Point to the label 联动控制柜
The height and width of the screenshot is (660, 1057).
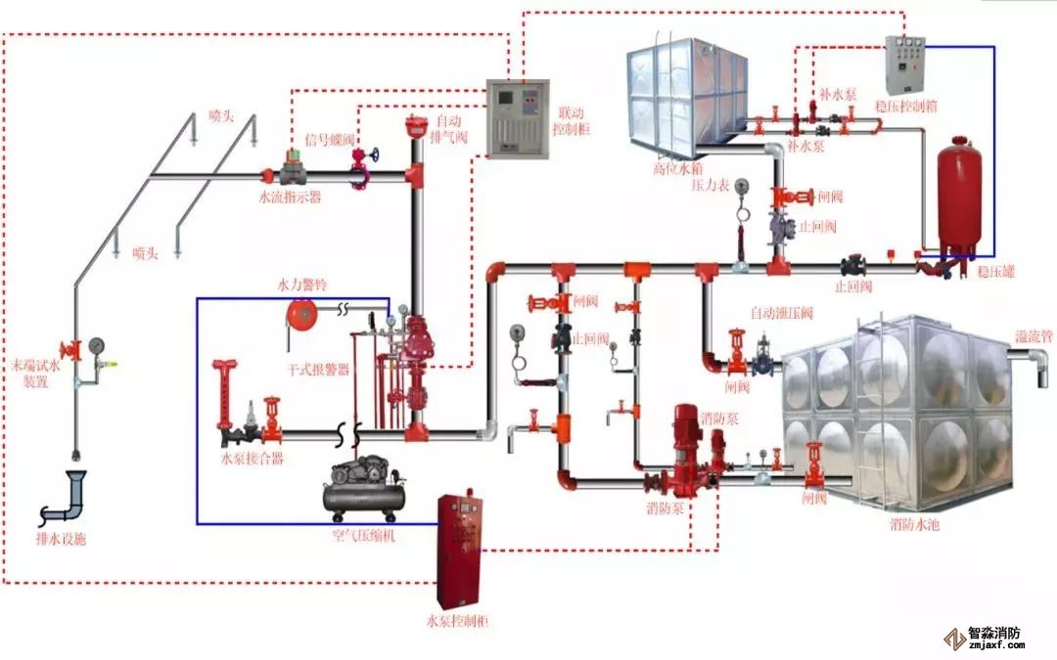tap(569, 121)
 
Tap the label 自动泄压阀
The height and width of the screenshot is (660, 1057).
tap(781, 313)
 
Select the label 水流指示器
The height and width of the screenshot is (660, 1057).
tap(290, 197)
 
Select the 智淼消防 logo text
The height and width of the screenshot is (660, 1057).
tap(994, 634)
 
